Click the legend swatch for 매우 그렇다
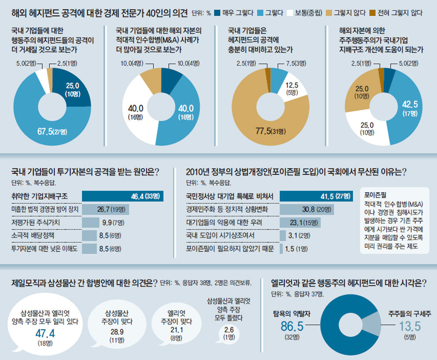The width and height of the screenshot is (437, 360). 218,13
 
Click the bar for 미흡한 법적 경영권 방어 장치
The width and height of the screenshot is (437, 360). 105,210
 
